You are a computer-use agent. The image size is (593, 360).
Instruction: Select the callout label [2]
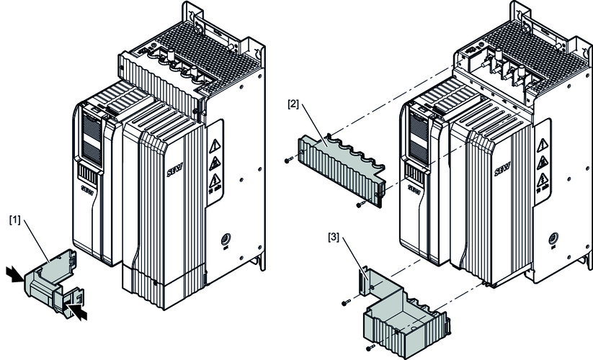293,104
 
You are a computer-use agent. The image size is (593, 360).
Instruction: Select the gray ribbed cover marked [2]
339,166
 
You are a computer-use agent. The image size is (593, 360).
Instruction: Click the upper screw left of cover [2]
289,161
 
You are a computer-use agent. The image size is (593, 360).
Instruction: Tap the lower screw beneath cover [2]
359,206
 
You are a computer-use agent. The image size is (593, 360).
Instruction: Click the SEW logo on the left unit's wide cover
177,160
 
